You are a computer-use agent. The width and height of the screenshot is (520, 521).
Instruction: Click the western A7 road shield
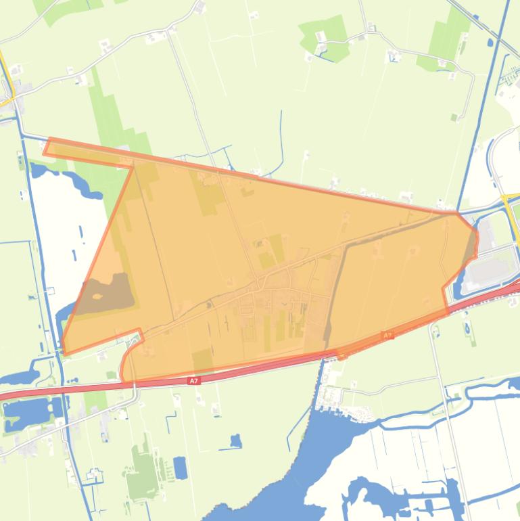click(x=194, y=381)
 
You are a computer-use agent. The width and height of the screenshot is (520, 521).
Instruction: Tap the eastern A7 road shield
click(x=387, y=335)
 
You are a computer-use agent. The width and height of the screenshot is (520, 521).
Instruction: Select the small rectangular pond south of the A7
click(x=180, y=468)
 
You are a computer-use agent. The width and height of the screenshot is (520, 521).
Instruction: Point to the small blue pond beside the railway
click(x=490, y=43)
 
